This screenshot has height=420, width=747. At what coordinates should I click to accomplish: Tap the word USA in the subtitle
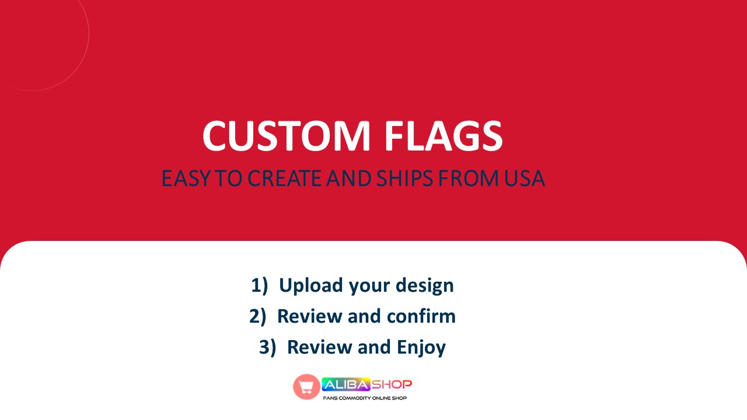click(x=523, y=179)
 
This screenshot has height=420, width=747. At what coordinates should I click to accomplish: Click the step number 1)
click(x=260, y=285)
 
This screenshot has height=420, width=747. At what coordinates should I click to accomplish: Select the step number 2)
click(x=258, y=316)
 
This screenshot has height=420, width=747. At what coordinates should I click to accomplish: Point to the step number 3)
click(x=268, y=347)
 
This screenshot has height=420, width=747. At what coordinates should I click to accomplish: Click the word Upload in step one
click(x=310, y=285)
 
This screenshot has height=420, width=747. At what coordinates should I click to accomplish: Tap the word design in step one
click(x=424, y=285)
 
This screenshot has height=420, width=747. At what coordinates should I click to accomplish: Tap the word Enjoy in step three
click(x=421, y=347)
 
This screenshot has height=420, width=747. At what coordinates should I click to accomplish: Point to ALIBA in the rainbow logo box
click(x=346, y=384)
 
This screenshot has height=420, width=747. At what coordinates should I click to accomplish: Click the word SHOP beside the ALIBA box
click(x=392, y=384)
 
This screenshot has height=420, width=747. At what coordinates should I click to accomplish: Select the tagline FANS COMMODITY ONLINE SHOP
click(x=365, y=398)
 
